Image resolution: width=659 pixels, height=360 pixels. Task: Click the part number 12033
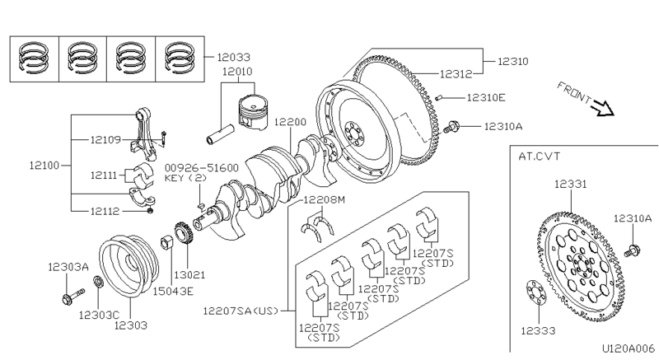pos(234,57)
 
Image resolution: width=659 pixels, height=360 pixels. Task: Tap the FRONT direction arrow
pos(602,109)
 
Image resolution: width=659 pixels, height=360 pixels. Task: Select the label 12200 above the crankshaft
pos(291,122)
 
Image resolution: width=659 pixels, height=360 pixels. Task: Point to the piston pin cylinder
pos(220,134)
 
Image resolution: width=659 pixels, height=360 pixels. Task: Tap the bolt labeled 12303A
pos(72,296)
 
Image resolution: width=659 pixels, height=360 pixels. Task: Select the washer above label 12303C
pos(98,282)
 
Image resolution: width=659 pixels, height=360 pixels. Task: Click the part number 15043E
pos(173,291)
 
